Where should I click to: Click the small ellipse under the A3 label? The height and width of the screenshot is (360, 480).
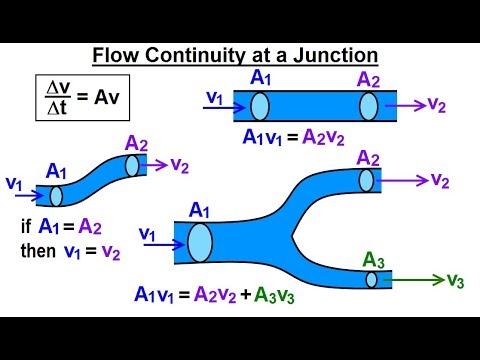click(x=371, y=279)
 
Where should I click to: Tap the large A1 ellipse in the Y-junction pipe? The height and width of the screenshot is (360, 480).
click(x=199, y=242)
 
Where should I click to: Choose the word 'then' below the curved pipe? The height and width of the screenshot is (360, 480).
click(x=41, y=250)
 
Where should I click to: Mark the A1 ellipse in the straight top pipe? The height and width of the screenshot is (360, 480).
click(x=260, y=106)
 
